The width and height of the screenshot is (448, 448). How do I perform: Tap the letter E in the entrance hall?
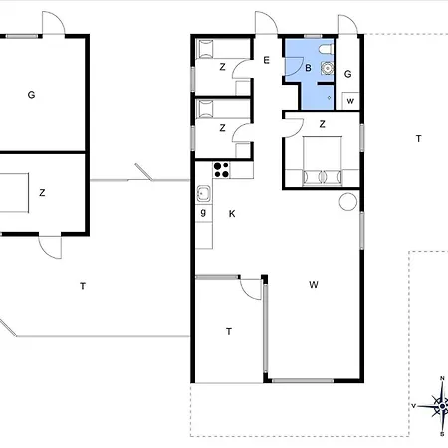[266, 60]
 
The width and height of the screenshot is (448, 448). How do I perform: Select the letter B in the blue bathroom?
[308, 68]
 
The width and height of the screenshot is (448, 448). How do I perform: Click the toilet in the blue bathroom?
[326, 49]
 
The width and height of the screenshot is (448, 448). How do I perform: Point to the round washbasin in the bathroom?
[327, 68]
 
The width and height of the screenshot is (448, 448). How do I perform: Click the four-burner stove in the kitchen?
[221, 170]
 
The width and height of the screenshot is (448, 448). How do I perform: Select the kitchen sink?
[203, 194]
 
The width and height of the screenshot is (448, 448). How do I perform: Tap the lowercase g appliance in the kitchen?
[203, 213]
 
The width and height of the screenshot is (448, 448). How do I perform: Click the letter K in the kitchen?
[232, 214]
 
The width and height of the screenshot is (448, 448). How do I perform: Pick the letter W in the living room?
[314, 285]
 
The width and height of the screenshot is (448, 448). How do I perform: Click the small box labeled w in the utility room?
[350, 101]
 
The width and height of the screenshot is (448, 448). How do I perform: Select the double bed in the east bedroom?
[322, 160]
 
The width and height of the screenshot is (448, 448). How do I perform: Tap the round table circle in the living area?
[348, 201]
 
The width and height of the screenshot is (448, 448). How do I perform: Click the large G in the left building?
[31, 95]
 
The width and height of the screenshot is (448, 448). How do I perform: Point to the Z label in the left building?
[42, 193]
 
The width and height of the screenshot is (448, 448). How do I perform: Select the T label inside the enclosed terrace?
[229, 331]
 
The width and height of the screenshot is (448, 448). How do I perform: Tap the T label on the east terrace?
[419, 138]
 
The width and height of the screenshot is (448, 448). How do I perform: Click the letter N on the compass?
[442, 378]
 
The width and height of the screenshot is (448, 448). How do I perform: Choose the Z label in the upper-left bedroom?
[222, 67]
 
